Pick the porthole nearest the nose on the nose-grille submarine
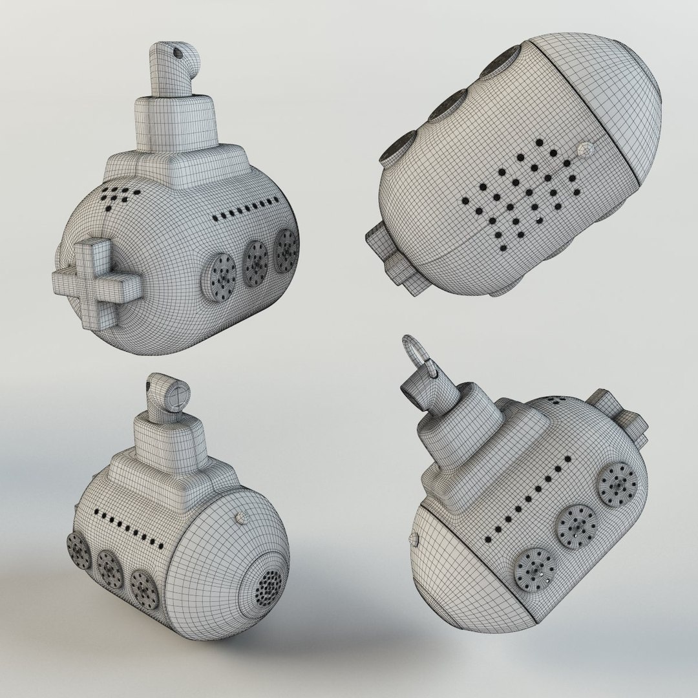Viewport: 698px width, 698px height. click(144, 588)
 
